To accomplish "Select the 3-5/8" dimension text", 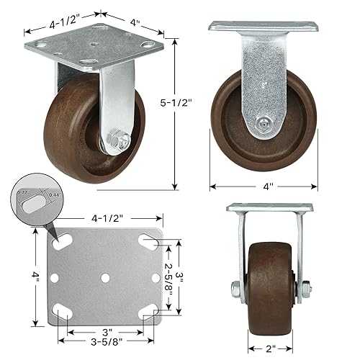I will tap(106, 343).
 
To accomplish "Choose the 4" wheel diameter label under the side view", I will tap(268, 186).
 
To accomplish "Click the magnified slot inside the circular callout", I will tap(33, 205).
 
